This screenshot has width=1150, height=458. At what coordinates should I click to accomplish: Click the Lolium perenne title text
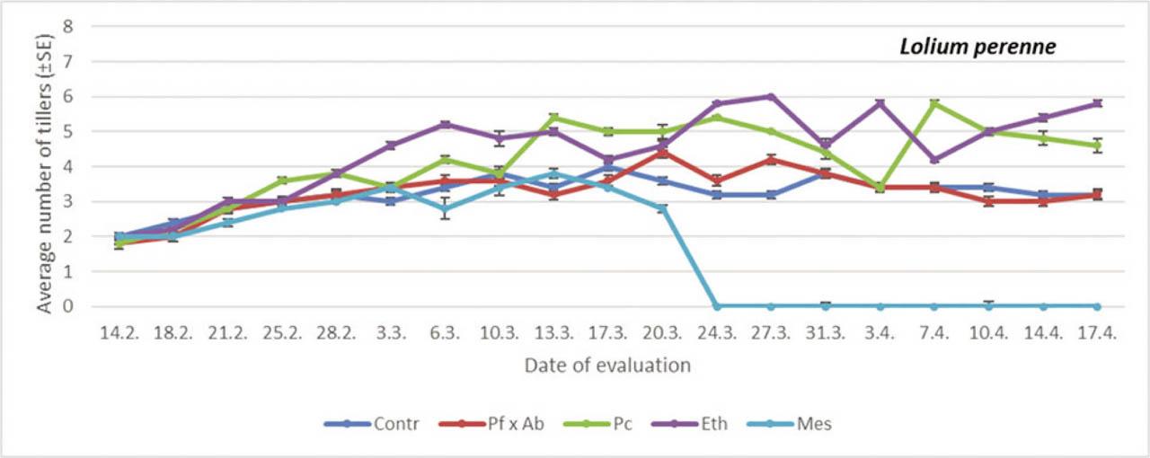(977, 48)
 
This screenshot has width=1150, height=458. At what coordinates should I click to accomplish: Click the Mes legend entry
(813, 424)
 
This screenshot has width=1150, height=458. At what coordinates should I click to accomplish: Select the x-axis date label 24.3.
(717, 331)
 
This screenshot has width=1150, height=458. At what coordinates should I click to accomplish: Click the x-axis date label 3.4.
(880, 331)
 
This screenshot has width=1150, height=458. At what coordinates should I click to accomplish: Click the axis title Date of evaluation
(607, 365)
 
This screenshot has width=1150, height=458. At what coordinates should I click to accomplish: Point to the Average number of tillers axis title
(44, 166)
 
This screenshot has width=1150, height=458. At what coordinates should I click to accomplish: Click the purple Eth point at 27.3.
(771, 97)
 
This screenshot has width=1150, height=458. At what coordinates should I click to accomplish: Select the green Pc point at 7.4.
(934, 103)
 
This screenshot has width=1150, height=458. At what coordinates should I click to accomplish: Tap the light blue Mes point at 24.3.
(717, 306)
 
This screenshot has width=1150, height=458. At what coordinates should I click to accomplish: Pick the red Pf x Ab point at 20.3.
(662, 153)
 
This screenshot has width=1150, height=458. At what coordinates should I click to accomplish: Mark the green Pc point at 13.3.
(553, 118)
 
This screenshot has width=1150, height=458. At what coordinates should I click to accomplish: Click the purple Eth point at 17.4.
(1098, 103)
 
